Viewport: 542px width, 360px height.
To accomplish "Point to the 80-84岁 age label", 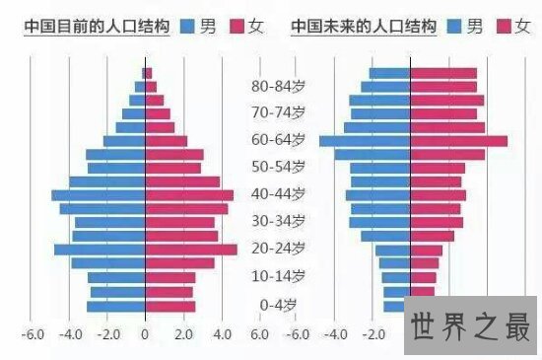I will tap(278, 86).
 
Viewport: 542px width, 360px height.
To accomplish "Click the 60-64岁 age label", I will tap(278, 140).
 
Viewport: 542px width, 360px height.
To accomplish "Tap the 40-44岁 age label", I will tap(278, 194).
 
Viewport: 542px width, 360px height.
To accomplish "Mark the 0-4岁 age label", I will tap(278, 305).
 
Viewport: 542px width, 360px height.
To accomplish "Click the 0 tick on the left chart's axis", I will tap(145, 334).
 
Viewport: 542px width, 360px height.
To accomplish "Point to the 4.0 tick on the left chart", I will tap(221, 334).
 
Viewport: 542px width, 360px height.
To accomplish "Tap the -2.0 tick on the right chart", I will tap(373, 334).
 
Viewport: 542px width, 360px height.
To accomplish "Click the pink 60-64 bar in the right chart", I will tap(458, 141).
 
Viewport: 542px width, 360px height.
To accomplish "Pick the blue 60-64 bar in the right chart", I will tap(365, 141).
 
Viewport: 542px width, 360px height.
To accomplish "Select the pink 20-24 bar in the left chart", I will tap(191, 250).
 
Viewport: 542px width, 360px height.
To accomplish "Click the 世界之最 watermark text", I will tap(471, 324).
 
